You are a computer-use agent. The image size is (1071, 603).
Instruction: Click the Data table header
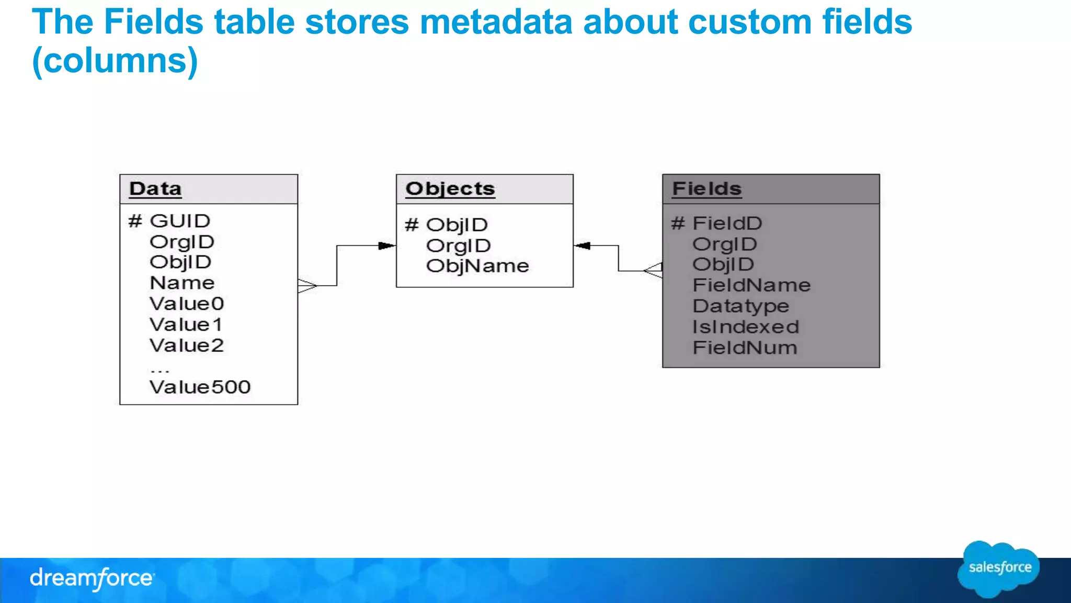(155, 189)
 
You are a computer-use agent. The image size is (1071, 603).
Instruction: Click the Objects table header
(450, 189)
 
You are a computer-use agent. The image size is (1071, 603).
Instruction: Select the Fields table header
(707, 189)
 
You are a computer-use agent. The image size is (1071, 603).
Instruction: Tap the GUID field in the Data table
(179, 221)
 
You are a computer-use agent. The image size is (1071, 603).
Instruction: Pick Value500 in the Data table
(200, 387)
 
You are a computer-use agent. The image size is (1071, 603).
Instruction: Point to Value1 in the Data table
(186, 325)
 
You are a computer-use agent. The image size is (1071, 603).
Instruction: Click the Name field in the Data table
(182, 283)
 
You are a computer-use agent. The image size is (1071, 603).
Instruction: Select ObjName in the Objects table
(477, 266)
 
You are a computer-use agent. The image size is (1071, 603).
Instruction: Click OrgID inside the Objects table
(458, 245)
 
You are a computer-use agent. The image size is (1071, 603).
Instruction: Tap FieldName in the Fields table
(751, 285)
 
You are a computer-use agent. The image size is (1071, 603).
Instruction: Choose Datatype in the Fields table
(740, 306)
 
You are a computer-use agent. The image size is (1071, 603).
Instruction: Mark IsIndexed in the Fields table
(745, 327)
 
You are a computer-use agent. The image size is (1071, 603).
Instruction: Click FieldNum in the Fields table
(744, 348)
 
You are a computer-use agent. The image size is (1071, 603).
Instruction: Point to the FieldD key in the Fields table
(726, 224)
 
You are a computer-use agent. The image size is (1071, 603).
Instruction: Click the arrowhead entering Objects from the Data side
(386, 245)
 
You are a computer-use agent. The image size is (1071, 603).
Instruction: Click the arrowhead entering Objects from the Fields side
(582, 245)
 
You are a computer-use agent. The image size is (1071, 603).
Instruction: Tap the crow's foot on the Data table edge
(307, 286)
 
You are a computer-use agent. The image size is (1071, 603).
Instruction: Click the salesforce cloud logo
(999, 568)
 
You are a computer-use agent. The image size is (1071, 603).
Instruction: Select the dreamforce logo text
(92, 578)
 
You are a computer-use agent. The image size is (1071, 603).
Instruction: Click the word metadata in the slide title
(496, 22)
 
